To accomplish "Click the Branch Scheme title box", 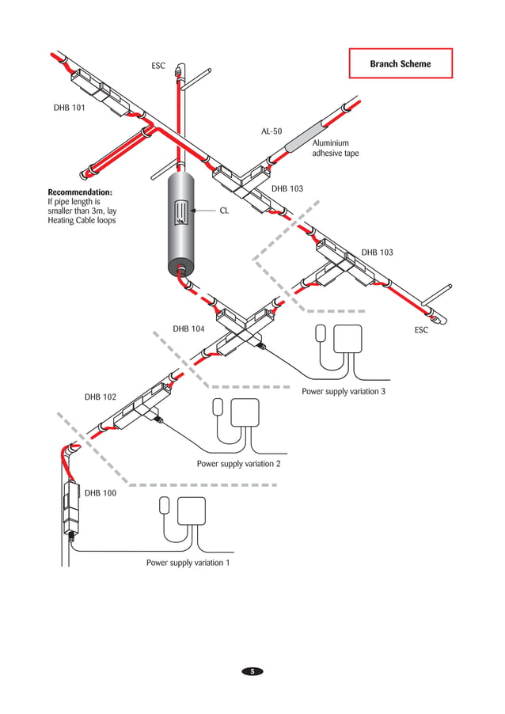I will pos(401,63).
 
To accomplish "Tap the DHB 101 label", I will pos(69,108).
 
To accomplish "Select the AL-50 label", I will pos(271,131).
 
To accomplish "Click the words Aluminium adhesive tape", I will pos(335,148).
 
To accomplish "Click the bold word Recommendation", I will pos(80,192).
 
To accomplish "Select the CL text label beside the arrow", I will pos(224,211).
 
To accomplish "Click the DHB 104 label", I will pos(188,329).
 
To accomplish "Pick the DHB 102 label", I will pos(101,397).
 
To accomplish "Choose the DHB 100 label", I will pos(101,492).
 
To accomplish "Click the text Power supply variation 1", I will pos(188,563).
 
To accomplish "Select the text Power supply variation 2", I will pos(238,464).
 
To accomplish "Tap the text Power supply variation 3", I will pos(343,391).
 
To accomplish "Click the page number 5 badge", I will pos(252,671).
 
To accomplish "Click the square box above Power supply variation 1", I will pos(192,511).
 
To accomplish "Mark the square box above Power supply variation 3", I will pos(347,339).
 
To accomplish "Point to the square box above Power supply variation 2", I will pos(245,412).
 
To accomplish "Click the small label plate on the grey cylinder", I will pos(181,213).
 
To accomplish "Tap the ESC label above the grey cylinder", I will pos(158,66).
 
